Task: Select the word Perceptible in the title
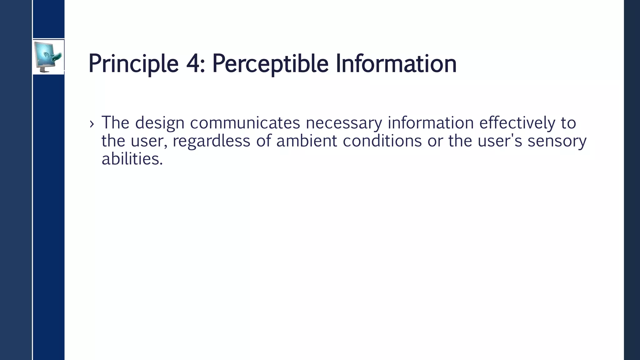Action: [270, 64]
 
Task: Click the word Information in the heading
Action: [396, 64]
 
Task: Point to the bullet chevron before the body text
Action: [92, 124]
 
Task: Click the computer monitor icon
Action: [48, 57]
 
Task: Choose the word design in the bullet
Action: [160, 122]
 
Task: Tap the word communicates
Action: [245, 122]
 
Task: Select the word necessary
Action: [344, 122]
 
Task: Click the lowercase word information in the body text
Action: [431, 122]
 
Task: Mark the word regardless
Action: [212, 141]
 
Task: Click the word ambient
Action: [307, 141]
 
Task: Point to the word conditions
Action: [382, 141]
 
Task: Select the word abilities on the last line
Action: [132, 159]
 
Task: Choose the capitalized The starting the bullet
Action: [115, 122]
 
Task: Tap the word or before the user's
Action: [435, 141]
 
